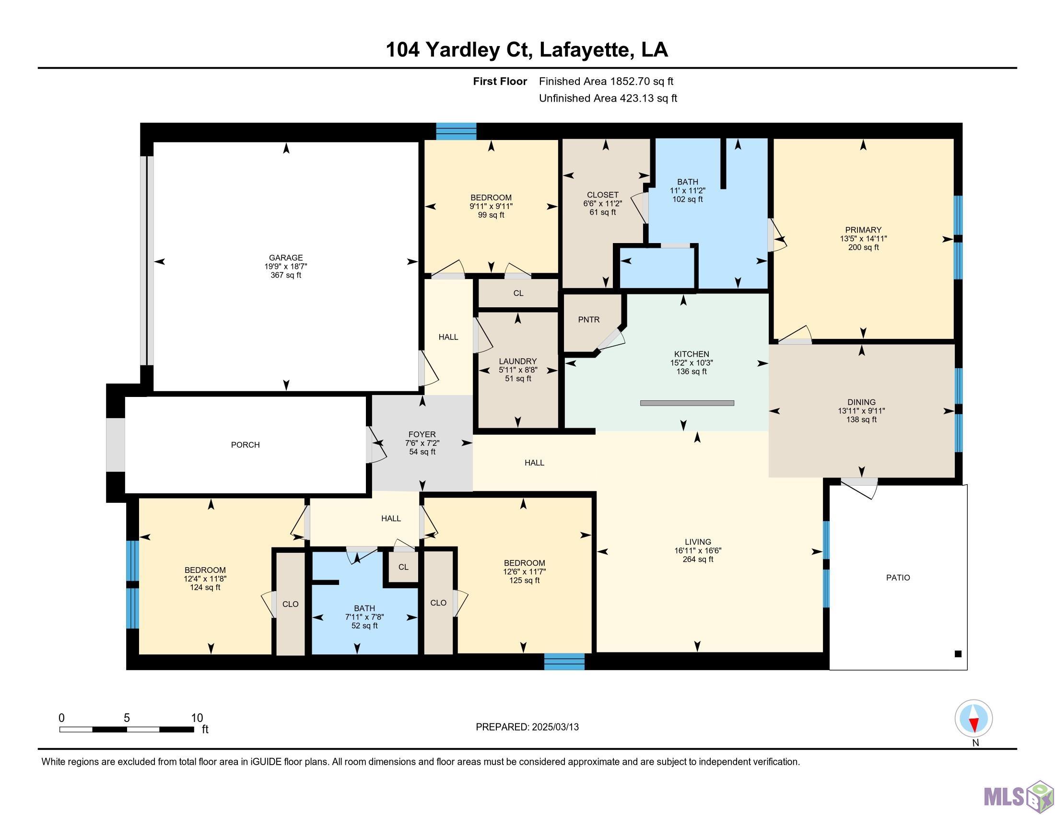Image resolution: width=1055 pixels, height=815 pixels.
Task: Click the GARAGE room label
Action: (x=286, y=258)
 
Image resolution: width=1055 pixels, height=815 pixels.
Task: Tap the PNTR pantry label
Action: (x=589, y=320)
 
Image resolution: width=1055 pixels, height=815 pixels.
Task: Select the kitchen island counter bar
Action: (x=687, y=403)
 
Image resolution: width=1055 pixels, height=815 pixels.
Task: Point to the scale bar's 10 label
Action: (x=197, y=718)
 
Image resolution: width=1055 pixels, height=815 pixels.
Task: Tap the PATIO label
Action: (x=898, y=578)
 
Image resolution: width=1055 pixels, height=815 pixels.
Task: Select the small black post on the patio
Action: (x=959, y=654)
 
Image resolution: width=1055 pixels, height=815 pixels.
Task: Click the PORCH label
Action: (x=246, y=445)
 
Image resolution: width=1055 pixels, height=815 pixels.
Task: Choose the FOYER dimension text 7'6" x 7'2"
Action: (x=422, y=443)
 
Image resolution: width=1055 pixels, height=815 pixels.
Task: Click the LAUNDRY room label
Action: (x=518, y=361)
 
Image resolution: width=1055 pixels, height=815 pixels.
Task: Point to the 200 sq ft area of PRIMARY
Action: (x=864, y=247)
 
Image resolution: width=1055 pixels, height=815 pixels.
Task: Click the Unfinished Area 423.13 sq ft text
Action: (x=608, y=98)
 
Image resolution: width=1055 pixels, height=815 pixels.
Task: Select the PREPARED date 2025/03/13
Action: (x=555, y=727)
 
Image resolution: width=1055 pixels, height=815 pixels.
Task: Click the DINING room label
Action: (x=861, y=402)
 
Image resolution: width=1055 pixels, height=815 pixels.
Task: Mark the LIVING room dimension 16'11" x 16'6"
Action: (x=698, y=550)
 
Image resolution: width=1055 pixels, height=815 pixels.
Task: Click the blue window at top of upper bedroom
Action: (x=457, y=131)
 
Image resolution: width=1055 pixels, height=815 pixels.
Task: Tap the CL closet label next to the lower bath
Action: (x=403, y=567)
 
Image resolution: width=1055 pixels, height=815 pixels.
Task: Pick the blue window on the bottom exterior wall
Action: (x=564, y=662)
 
